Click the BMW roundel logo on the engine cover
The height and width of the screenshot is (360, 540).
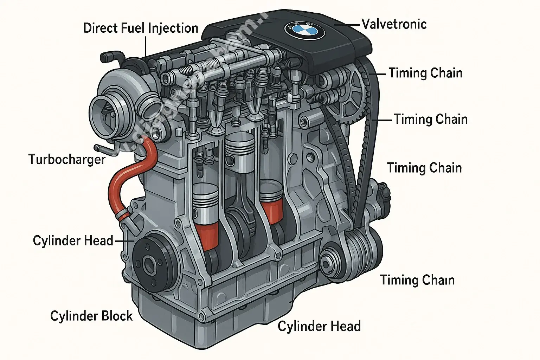pos(304,30)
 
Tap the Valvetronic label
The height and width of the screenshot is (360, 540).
pos(394,24)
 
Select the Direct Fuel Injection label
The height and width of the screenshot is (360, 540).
pos(141,28)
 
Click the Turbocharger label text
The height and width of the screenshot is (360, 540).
pos(67,159)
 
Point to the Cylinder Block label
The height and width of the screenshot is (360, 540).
pos(91,316)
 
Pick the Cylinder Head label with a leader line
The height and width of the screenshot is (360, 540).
pos(73,241)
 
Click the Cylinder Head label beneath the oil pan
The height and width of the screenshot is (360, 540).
pos(319,326)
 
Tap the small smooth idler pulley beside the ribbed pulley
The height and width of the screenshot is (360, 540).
pos(330,262)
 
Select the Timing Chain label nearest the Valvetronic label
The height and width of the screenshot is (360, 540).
pos(425,73)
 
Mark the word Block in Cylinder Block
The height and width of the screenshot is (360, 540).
pos(116,316)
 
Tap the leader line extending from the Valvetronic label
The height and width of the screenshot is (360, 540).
pos(348,25)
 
